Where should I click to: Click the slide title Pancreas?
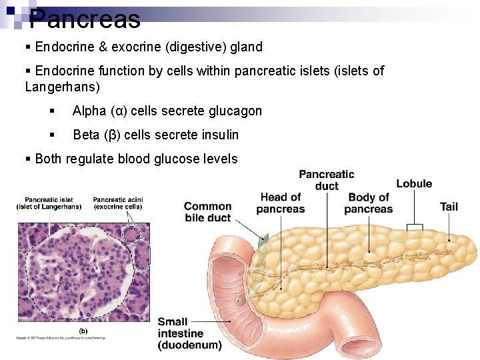click(x=85, y=19)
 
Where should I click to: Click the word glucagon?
click(x=237, y=111)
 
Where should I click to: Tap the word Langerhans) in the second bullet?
click(x=62, y=87)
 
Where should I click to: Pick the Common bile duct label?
click(x=207, y=212)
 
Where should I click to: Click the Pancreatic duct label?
click(x=327, y=180)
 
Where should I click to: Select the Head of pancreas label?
click(x=280, y=203)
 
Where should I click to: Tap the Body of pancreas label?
click(x=368, y=203)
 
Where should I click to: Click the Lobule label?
click(x=414, y=184)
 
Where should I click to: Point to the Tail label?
click(x=449, y=206)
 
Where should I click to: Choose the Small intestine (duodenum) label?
click(x=189, y=333)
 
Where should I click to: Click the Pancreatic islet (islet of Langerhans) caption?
click(x=49, y=203)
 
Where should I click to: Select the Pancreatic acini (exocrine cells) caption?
click(x=118, y=203)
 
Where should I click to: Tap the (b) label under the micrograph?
click(x=83, y=331)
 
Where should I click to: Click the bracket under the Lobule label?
click(x=415, y=227)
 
